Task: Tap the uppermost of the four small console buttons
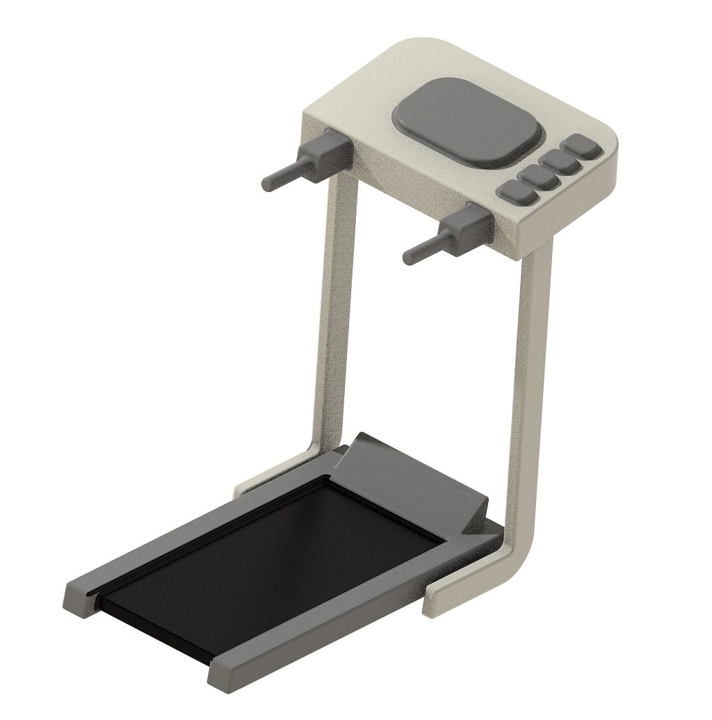583,147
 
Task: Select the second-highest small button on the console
561,161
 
